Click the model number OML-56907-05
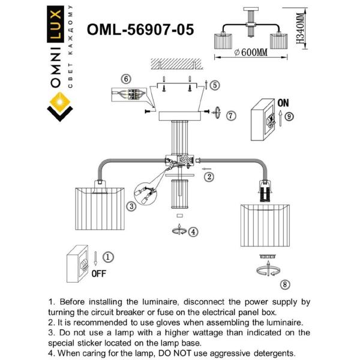click(x=140, y=29)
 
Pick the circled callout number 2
click(x=208, y=176)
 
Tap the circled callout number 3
click(x=131, y=207)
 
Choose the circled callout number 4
click(x=192, y=231)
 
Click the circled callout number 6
click(x=125, y=79)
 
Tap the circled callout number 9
click(x=289, y=117)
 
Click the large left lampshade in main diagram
click(x=99, y=209)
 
